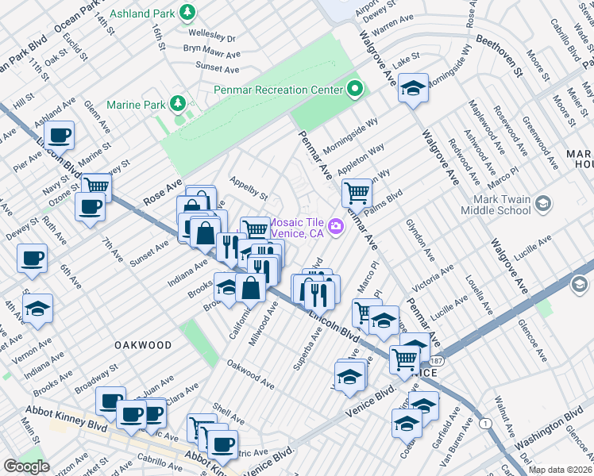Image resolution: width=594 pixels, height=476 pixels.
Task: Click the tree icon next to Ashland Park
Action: coord(187,12)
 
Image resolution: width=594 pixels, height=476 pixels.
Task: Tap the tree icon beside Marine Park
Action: coord(179,103)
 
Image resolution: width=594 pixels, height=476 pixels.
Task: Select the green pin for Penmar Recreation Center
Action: coord(356,89)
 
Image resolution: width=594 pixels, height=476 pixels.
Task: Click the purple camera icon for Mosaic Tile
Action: coord(336,227)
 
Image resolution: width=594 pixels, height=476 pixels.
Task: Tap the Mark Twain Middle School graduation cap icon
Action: coord(542,204)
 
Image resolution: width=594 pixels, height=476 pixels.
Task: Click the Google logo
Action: coord(26,466)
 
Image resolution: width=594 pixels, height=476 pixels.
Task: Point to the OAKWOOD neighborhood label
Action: coord(142,345)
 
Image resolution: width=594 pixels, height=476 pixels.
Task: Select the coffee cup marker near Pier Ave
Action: coord(59,134)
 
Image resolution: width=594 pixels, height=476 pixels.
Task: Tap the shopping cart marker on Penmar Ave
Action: coord(357,192)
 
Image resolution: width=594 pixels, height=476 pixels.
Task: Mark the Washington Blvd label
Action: coord(548,435)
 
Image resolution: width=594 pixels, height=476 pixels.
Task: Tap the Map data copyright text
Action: coord(561,470)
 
